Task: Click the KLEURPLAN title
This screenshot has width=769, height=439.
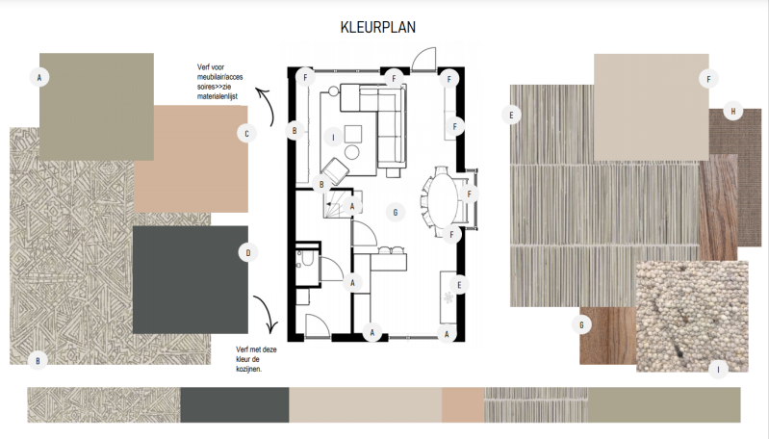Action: (x=377, y=27)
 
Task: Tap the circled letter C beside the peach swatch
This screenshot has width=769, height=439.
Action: (x=246, y=133)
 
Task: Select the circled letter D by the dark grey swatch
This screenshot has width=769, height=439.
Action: (x=248, y=252)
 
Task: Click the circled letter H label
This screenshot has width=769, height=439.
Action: (x=733, y=112)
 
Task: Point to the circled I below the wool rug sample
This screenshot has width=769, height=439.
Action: (x=719, y=370)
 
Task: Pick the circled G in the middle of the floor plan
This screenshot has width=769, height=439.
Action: (x=396, y=213)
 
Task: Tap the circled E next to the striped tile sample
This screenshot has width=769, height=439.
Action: (x=511, y=115)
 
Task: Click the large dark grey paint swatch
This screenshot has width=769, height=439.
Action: (x=191, y=279)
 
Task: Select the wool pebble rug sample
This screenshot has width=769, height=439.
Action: (x=693, y=317)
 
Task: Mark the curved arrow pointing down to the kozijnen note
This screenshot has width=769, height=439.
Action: (x=267, y=314)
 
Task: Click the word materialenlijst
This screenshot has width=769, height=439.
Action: (x=218, y=96)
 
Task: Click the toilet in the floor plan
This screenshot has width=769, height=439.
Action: (x=307, y=257)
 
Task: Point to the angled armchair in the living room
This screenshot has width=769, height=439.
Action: (x=335, y=171)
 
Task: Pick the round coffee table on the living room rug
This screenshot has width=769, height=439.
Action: (x=352, y=152)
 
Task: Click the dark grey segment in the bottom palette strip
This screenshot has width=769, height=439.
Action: (x=235, y=404)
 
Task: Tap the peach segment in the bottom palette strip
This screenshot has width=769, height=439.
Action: (x=463, y=404)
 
